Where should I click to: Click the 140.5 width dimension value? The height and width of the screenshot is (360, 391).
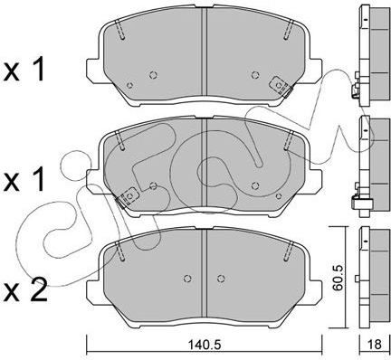205,345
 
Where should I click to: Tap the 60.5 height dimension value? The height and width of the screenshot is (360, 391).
338,278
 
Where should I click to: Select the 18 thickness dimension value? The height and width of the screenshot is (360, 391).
375,345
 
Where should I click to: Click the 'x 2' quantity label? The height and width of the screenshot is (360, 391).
25,290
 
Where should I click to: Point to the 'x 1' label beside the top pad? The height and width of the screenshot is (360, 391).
24,71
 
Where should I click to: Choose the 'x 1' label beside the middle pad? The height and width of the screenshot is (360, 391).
24,181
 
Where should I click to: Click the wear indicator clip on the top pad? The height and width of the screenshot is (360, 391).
281,87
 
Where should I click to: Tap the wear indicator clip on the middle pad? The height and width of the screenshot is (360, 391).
128,197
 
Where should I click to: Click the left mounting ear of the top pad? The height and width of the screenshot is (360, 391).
92,70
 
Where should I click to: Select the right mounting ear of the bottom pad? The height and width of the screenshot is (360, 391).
315,291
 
